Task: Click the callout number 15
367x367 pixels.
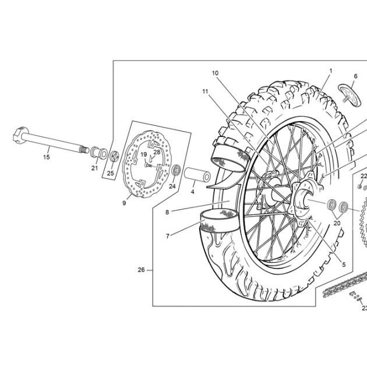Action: (47, 157)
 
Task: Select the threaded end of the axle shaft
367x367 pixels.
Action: (84, 149)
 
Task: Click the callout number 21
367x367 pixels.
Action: (94, 168)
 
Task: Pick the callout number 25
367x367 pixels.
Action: (111, 173)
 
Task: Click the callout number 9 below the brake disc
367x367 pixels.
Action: (124, 203)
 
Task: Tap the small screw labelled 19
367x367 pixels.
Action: (148, 165)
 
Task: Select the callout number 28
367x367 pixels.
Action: (157, 152)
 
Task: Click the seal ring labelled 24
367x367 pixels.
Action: (177, 170)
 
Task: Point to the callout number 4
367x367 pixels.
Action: (192, 192)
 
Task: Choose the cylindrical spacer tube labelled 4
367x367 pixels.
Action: (197, 174)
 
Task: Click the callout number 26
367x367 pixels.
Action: (141, 270)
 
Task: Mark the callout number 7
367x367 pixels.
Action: (168, 236)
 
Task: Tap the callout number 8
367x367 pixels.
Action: (167, 212)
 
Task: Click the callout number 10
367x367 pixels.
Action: (215, 73)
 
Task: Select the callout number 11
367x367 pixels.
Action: (205, 91)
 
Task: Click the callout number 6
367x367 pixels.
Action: (356, 76)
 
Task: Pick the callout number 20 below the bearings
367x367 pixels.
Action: (337, 223)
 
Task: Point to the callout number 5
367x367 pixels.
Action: (344, 264)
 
